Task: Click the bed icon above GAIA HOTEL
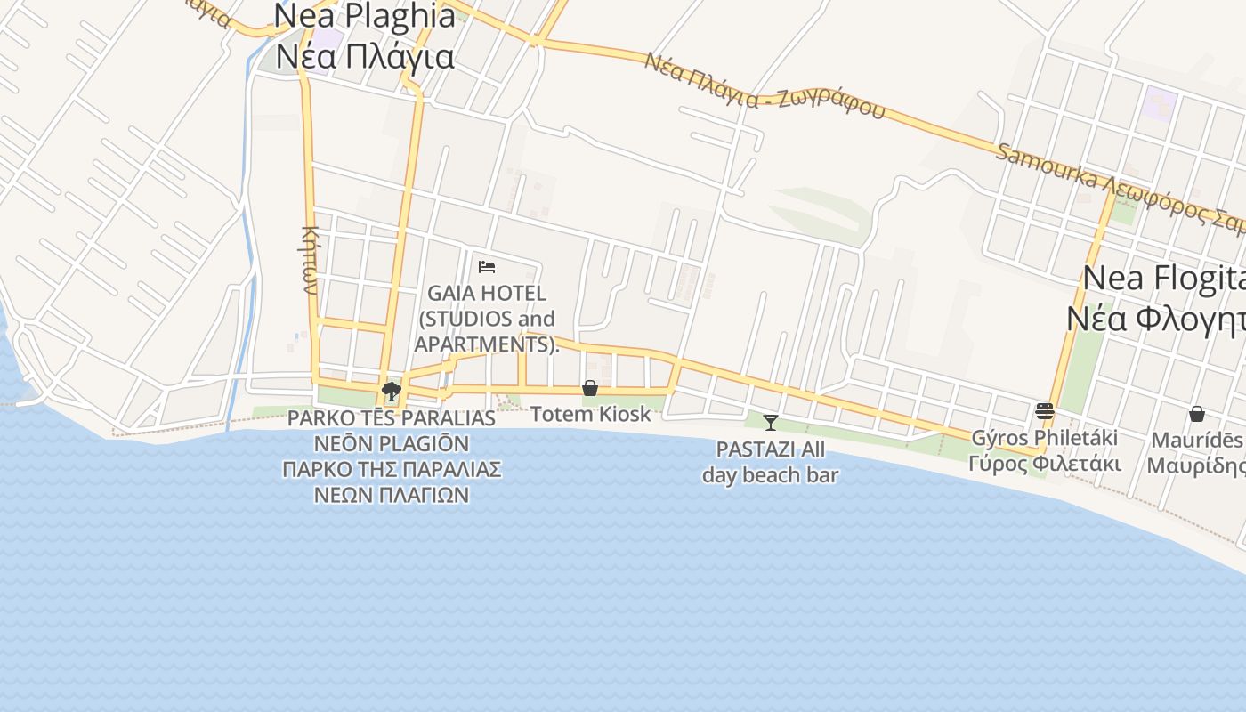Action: click(486, 266)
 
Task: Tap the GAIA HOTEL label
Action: click(487, 293)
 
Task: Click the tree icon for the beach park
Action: click(391, 390)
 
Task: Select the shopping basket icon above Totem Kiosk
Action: click(589, 388)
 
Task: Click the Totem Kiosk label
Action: click(591, 414)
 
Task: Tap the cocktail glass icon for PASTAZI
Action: click(771, 422)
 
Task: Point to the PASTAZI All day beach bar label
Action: click(771, 462)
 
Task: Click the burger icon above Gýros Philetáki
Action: click(1045, 411)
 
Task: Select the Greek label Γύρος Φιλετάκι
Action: click(1045, 464)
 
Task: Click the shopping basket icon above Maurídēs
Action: click(1197, 414)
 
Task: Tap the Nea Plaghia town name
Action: click(365, 16)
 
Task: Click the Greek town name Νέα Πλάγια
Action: click(365, 56)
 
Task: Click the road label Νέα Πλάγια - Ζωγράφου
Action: click(765, 87)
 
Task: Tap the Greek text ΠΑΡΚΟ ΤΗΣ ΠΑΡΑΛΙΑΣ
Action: click(392, 469)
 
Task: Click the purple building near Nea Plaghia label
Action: click(328, 39)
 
